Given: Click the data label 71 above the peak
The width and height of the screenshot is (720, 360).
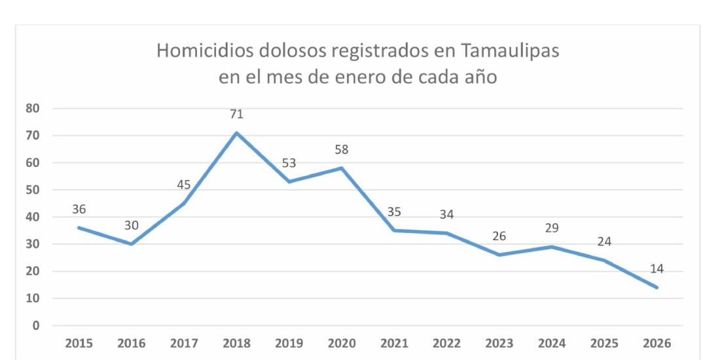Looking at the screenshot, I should click(x=236, y=114).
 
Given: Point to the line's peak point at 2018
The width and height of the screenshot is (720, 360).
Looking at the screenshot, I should click(x=236, y=133).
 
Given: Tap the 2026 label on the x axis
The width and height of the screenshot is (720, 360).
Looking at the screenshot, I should click(x=657, y=344).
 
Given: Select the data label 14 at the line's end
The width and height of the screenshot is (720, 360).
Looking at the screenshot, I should click(x=657, y=268).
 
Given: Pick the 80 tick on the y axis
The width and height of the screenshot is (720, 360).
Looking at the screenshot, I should click(x=33, y=109).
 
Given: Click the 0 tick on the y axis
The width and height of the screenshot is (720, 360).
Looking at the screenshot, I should click(x=36, y=325).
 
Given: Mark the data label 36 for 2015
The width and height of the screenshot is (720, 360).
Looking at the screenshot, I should click(x=79, y=209).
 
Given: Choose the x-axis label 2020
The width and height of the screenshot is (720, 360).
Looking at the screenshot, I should click(x=341, y=344).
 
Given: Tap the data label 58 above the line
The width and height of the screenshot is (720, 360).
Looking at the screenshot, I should click(x=341, y=149).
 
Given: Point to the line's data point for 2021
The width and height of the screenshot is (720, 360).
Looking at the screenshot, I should click(x=394, y=230).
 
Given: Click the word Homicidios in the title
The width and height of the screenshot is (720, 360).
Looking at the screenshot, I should click(x=207, y=51).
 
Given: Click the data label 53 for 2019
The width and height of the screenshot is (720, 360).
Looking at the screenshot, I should click(x=289, y=162).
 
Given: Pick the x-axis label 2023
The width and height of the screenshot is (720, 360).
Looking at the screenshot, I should click(x=499, y=344).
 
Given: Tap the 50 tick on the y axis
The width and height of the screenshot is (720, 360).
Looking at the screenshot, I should click(x=33, y=190).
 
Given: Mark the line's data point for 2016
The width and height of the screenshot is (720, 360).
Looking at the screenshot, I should click(x=132, y=244).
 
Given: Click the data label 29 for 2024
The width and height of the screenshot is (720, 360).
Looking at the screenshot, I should click(x=552, y=228).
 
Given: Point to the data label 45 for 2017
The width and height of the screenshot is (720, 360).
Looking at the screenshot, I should click(x=184, y=185).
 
